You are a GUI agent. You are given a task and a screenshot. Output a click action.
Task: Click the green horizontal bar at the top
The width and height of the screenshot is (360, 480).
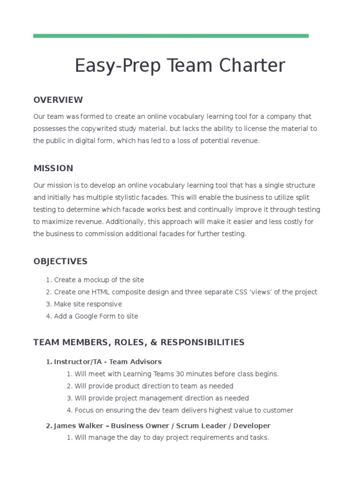(x=171, y=36)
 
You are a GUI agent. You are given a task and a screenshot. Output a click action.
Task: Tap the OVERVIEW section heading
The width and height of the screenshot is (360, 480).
(x=58, y=100)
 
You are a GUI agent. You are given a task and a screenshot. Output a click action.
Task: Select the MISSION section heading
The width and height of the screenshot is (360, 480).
(x=53, y=168)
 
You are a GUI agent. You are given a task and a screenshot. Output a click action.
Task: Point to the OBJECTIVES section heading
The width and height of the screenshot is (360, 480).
(x=60, y=262)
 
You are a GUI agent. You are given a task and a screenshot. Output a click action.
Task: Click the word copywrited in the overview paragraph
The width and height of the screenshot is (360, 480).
(x=104, y=128)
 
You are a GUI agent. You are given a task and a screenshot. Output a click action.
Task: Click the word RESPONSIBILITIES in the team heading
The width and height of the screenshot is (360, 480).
(x=202, y=343)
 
